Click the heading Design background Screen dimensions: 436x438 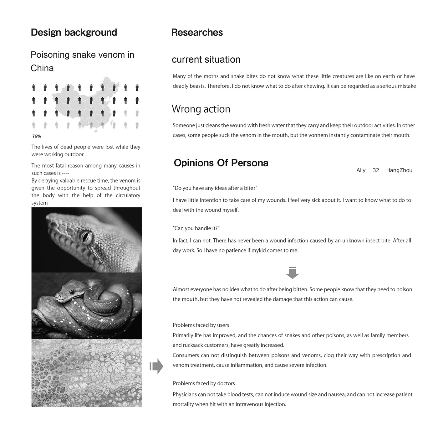point(74,32)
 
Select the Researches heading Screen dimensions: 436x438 point(197,32)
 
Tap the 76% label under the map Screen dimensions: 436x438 point(37,136)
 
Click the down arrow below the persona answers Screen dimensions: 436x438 point(292,272)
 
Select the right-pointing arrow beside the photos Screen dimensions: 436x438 point(156,366)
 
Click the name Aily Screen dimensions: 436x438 point(361,170)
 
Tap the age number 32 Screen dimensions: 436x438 point(376,170)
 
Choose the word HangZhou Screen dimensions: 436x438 point(399,170)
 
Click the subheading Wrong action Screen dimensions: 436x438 point(201,109)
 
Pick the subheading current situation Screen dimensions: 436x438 point(206,60)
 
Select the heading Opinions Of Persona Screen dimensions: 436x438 point(221,163)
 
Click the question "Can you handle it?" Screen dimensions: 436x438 point(196,228)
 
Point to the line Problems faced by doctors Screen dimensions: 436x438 point(204,383)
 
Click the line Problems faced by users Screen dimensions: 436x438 point(201,325)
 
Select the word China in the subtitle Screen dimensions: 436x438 point(42,68)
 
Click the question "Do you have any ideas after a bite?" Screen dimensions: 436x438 point(215,188)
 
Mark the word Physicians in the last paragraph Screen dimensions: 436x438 point(185,395)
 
